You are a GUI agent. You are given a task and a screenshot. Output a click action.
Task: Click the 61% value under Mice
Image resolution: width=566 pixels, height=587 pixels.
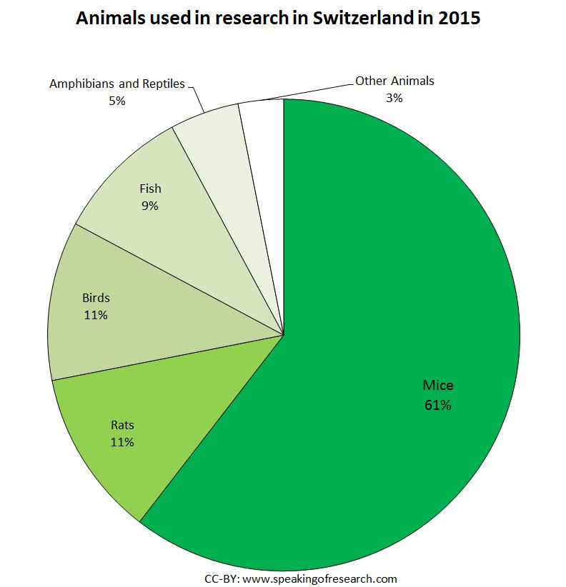[x=437, y=405]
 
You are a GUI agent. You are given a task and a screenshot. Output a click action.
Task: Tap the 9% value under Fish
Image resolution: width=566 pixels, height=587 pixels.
[x=150, y=206]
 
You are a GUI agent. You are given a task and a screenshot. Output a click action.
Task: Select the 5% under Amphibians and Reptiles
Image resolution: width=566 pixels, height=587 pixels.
[x=116, y=101]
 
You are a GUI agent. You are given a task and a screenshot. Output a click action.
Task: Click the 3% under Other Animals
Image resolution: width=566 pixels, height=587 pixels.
[x=394, y=98]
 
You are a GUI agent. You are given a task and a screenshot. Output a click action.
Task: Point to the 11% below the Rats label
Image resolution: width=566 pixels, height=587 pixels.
[x=122, y=442]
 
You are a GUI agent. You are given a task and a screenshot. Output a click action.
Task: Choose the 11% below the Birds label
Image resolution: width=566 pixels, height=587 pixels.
[x=95, y=314]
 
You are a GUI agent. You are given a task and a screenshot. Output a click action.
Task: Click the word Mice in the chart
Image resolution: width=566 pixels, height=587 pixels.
[x=437, y=386]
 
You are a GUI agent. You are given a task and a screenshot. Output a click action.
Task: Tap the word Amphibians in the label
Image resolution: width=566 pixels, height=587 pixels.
[x=78, y=84]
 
